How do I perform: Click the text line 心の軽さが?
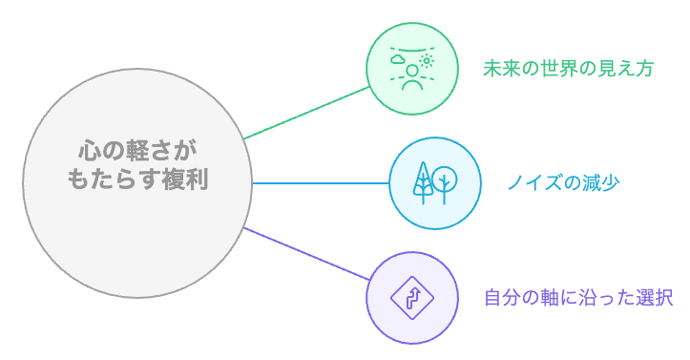tap(138, 152)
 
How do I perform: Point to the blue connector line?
tap(320, 182)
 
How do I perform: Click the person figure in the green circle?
tap(412, 76)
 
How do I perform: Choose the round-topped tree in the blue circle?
tap(445, 179)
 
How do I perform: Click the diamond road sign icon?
tap(412, 298)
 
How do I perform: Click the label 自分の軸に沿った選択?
tap(578, 297)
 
